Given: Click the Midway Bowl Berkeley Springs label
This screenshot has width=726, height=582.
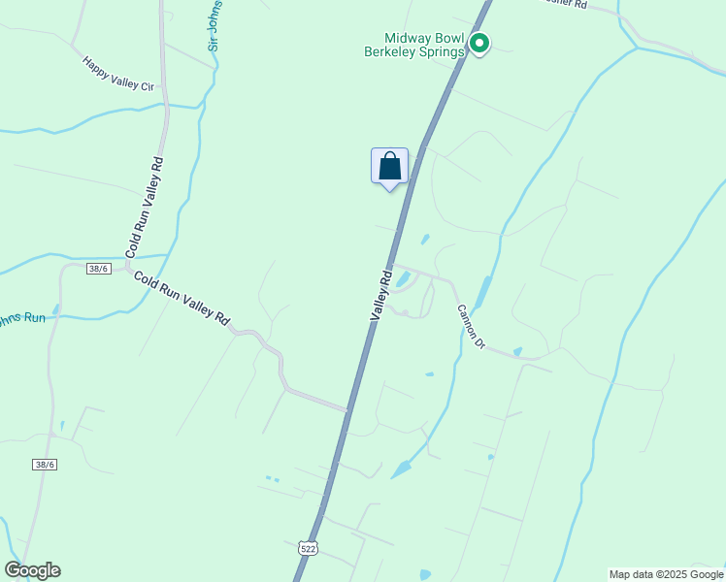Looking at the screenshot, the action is tap(412, 44).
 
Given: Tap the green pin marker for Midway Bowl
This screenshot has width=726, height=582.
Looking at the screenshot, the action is tap(478, 43).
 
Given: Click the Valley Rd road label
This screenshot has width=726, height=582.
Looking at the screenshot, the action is tap(379, 294).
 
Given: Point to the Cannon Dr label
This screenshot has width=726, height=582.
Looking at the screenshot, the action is tap(470, 327).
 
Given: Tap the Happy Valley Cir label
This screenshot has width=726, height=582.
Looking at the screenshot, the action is tap(118, 74).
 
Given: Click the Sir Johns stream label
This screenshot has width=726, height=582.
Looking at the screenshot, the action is tap(215, 25).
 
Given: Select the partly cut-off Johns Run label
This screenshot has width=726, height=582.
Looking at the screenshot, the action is tap(21, 318).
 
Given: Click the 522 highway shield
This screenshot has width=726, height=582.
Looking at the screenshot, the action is tap(308, 548).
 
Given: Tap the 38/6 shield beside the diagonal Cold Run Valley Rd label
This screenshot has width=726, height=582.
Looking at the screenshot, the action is tap(97, 269).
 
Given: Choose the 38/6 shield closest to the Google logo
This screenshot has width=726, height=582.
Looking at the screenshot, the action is tap(43, 466).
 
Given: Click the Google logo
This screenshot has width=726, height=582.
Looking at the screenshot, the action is tap(32, 570).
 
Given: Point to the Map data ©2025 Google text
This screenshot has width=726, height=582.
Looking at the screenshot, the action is tap(666, 574).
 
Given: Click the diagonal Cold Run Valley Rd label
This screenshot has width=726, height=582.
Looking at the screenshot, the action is tap(182, 298).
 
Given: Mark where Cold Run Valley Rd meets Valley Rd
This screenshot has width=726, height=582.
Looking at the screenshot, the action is tap(346, 409).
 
